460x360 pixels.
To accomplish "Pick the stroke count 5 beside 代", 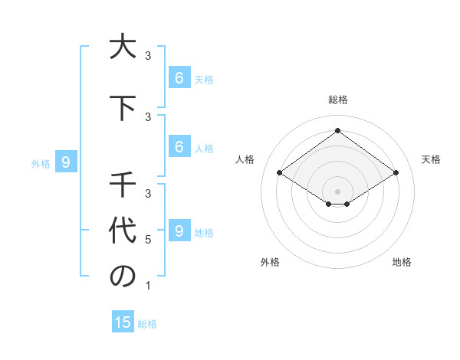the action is coord(148,240).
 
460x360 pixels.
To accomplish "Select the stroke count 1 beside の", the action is coord(148,286).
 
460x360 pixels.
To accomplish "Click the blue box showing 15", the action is coord(123,322).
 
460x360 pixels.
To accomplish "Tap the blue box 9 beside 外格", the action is coord(66,162).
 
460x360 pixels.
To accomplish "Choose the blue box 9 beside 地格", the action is coord(179,231).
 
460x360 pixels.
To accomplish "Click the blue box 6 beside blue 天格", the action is coord(179,77).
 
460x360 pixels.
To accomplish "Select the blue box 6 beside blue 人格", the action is coord(179,146).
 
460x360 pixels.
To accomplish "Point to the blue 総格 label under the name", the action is coord(147,324).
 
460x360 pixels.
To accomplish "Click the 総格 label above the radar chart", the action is coord(338,100).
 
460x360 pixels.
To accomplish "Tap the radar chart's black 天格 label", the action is coord(432,159).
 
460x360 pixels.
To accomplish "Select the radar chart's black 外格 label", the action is coord(270,262).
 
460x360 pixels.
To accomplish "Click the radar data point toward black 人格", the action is coord(279,173).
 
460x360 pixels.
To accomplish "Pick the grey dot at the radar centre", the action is coord(337,191).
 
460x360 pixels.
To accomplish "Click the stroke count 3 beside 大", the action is coord(148,56).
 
